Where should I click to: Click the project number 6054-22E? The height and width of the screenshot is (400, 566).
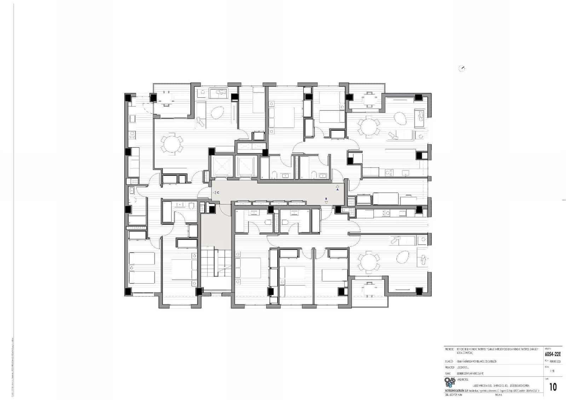coord(553,354)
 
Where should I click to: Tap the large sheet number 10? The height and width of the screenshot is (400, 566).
coord(553,387)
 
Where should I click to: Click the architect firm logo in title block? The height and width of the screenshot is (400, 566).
coord(450,382)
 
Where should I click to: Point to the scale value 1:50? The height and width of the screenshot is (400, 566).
coord(552,371)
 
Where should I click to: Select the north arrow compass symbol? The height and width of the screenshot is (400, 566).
coord(462,69)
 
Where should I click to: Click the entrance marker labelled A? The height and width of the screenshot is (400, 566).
coord(337,188)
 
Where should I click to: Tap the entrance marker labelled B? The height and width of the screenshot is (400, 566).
coord(326,201)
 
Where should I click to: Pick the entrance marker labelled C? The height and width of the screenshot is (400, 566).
coord(216,193)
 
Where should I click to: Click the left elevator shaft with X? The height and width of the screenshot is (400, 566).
coord(223,166)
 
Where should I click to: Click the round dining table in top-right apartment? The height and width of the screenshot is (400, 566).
coord(369,127)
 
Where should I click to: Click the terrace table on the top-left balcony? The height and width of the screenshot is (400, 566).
coord(166,97)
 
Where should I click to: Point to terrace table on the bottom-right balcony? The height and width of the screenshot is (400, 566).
coord(369,290)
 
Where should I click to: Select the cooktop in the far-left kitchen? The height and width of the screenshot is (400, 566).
coord(133,134)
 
